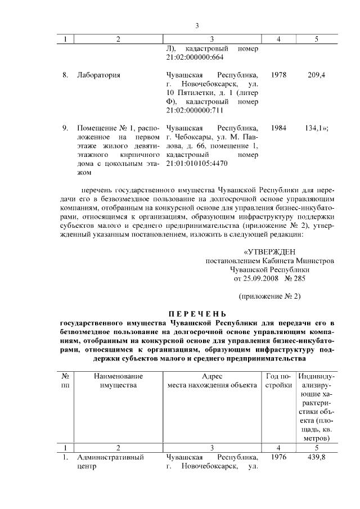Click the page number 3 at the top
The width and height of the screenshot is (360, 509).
[x=197, y=25]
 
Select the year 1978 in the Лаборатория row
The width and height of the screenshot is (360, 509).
[x=278, y=75]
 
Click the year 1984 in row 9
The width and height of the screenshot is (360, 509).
[x=278, y=128]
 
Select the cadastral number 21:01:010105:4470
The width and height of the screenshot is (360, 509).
[x=197, y=164]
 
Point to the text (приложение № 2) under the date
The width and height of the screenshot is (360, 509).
[x=270, y=296]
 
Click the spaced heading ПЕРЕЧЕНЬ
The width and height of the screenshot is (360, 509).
[x=197, y=313]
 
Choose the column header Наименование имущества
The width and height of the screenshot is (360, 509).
[x=118, y=381]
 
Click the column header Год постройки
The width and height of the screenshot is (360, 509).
[x=278, y=381]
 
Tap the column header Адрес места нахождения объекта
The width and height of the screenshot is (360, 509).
[x=212, y=381]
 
